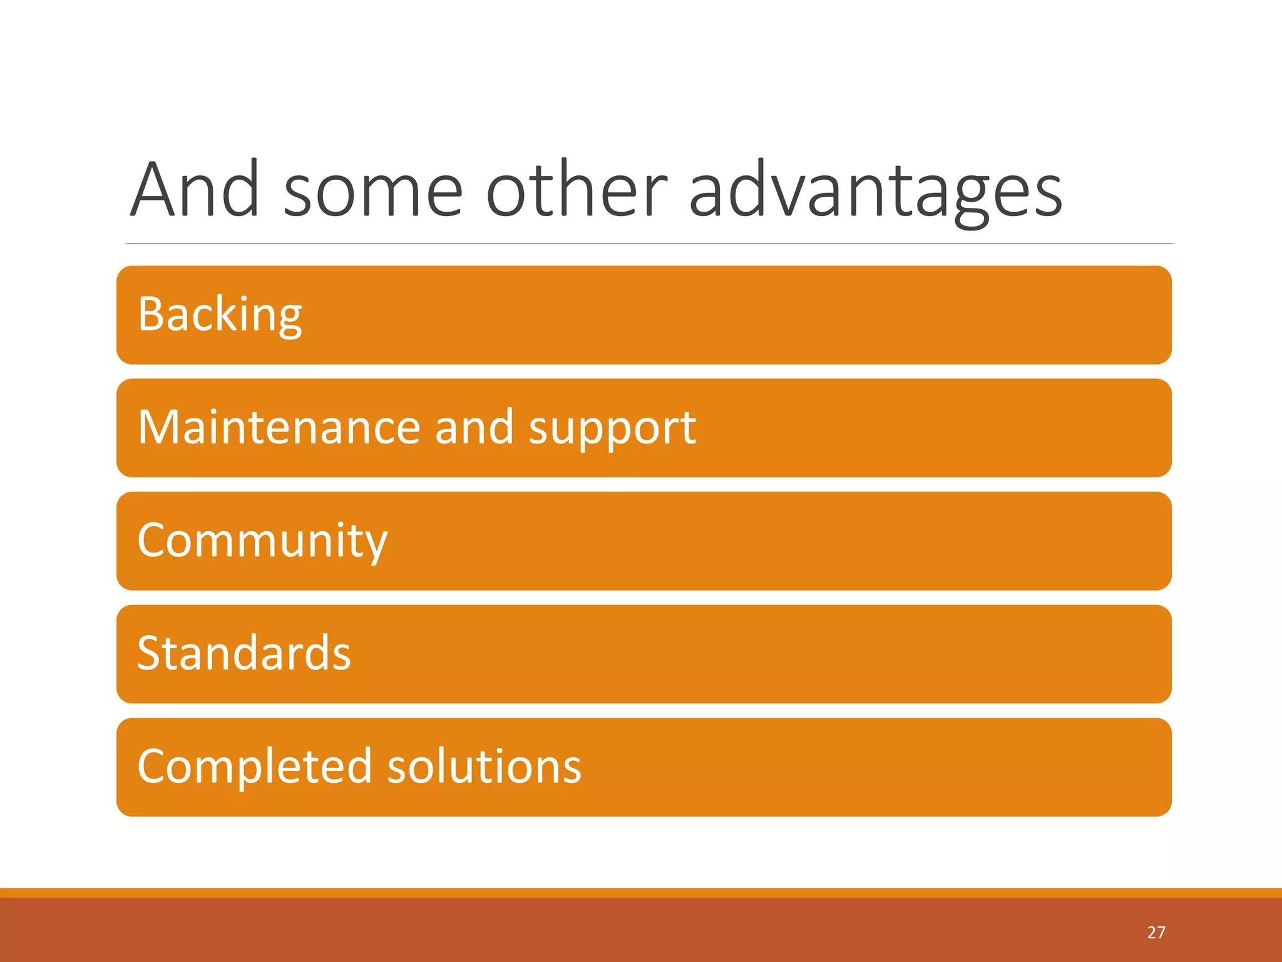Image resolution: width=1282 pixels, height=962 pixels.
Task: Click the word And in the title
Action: (195, 190)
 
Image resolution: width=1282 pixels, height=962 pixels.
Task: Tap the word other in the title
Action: (577, 190)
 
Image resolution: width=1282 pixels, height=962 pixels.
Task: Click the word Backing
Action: (220, 314)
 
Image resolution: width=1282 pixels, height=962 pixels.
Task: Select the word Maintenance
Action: (279, 427)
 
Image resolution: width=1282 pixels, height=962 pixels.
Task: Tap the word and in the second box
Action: (474, 427)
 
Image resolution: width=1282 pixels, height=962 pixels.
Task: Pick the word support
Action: (612, 430)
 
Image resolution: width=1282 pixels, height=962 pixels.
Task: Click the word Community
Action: (262, 540)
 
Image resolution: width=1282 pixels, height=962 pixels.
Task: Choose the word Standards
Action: (244, 653)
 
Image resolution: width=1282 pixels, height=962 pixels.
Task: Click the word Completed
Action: (254, 767)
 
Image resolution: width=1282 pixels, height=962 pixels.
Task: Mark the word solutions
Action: (485, 767)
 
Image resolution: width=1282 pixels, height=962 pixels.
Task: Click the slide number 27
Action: (1156, 933)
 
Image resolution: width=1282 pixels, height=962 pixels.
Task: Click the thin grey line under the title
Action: (649, 244)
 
